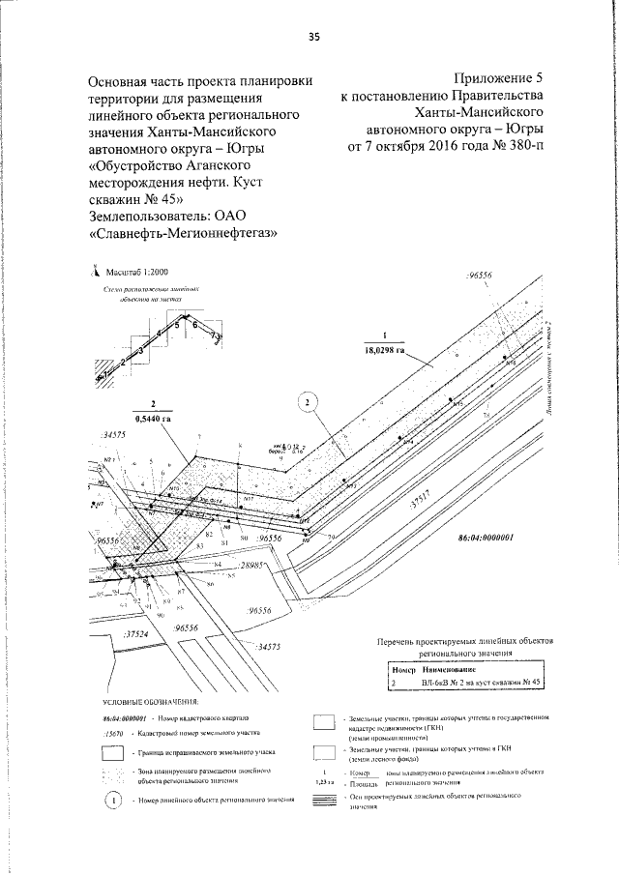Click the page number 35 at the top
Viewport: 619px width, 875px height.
pos(313,37)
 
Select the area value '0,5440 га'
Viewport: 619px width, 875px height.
pos(153,419)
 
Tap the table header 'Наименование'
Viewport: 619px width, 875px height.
pos(450,669)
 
